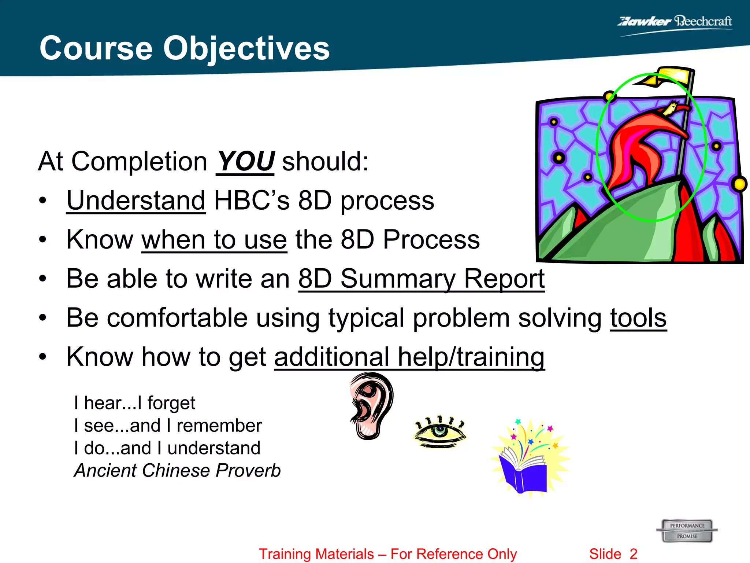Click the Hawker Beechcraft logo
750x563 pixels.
[x=675, y=22]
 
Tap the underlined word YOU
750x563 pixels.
[x=245, y=161]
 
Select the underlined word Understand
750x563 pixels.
[x=136, y=200]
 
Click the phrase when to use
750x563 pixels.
[x=214, y=240]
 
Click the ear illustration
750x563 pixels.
[x=371, y=405]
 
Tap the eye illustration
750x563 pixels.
[x=439, y=432]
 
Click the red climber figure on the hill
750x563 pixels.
[x=645, y=147]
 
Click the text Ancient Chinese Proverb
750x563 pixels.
[x=177, y=471]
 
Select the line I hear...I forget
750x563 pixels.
[x=134, y=403]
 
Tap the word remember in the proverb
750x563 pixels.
[x=219, y=426]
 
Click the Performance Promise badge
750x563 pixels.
[x=687, y=531]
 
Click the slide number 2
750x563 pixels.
[x=634, y=554]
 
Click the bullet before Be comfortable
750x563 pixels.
[x=43, y=317]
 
